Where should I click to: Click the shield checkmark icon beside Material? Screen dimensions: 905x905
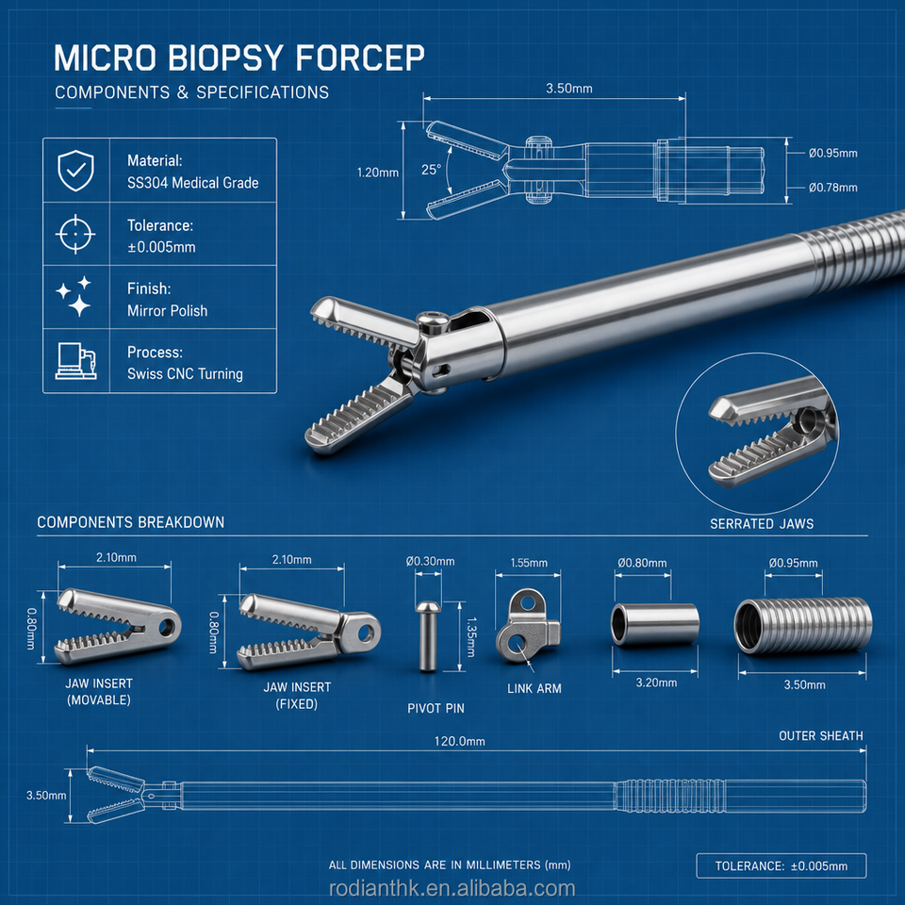click(x=75, y=171)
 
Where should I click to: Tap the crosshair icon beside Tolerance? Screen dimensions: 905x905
click(x=75, y=234)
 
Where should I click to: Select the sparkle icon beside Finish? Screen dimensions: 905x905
click(x=74, y=297)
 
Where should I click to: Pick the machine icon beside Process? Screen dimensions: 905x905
click(x=75, y=361)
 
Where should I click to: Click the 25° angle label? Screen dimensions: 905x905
click(x=431, y=170)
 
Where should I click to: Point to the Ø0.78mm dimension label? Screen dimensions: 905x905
click(x=832, y=188)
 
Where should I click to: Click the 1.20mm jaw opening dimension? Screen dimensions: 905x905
click(x=377, y=173)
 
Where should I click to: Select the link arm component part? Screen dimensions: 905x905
click(x=528, y=626)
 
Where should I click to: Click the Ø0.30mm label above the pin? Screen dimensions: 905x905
click(x=430, y=561)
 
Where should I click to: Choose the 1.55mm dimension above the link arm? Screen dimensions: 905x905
click(x=529, y=563)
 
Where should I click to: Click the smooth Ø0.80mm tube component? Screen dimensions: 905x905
click(x=655, y=624)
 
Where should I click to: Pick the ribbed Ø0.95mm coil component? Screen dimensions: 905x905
click(x=803, y=626)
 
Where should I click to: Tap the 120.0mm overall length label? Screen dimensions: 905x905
click(x=459, y=741)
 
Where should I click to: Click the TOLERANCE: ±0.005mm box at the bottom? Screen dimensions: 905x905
click(x=781, y=865)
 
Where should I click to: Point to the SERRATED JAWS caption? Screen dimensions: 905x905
click(x=762, y=523)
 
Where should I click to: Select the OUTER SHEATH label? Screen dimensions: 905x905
click(x=821, y=736)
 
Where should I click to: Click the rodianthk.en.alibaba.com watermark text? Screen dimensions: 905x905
click(x=452, y=889)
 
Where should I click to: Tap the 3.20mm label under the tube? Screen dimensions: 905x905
click(x=656, y=683)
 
